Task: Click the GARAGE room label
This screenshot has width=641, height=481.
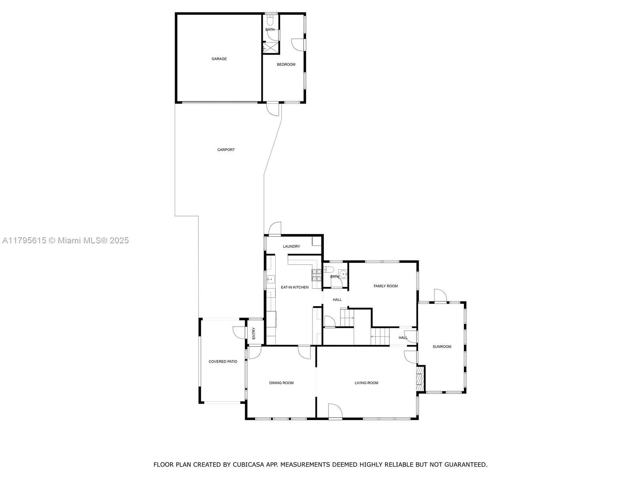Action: point(219,59)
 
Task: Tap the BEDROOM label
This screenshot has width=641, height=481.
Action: point(286,64)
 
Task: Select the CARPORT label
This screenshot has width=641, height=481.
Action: point(226,150)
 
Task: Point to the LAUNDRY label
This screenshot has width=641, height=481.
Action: point(291,246)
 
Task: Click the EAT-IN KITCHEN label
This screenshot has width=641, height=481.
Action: point(294,287)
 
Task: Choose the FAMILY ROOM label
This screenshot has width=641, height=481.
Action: point(385,286)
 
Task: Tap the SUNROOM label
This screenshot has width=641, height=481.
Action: point(442,346)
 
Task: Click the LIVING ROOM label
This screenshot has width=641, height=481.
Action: point(366,382)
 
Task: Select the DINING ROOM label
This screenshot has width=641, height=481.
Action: point(281,382)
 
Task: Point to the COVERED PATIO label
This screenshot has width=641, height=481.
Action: point(223,361)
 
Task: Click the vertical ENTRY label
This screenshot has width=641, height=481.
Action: point(254,333)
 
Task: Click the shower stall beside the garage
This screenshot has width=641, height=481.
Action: point(271,48)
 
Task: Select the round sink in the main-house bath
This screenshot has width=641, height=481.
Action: point(343,274)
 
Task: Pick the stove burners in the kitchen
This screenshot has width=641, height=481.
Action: point(316,275)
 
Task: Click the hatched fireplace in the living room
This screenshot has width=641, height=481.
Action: point(419,379)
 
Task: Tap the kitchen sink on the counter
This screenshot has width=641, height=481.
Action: point(271,279)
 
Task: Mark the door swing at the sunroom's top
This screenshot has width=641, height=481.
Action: point(440,295)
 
